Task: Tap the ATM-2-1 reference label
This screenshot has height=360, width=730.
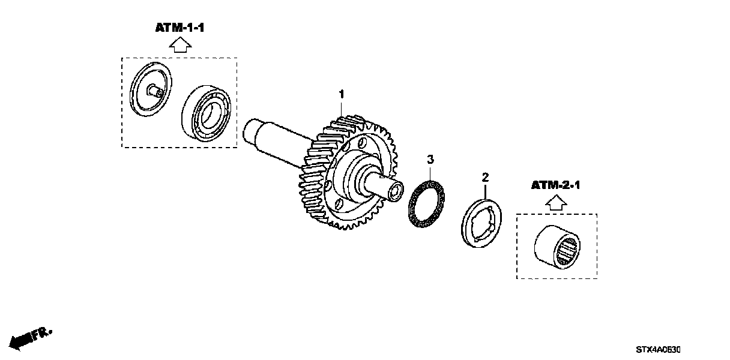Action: (555, 185)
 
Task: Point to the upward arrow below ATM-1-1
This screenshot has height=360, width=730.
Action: (179, 45)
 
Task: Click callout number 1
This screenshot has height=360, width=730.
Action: (342, 94)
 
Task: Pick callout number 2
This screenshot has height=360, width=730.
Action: (485, 177)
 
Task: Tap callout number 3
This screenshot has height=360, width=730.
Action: (430, 159)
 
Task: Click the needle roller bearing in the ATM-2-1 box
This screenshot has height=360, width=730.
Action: (557, 246)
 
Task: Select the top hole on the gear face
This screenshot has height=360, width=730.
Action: (362, 144)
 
